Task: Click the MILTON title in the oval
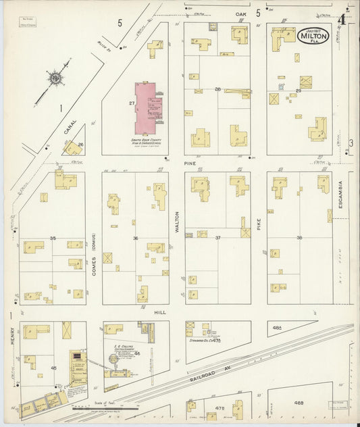pyautogui.click(x=313, y=36)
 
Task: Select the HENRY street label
pyautogui.click(x=13, y=332)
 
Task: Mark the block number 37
pyautogui.click(x=217, y=238)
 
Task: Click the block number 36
pyautogui.click(x=135, y=238)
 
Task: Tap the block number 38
pyautogui.click(x=299, y=238)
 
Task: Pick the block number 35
pyautogui.click(x=53, y=238)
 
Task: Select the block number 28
pyautogui.click(x=217, y=89)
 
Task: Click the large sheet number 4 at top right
pyautogui.click(x=342, y=20)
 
